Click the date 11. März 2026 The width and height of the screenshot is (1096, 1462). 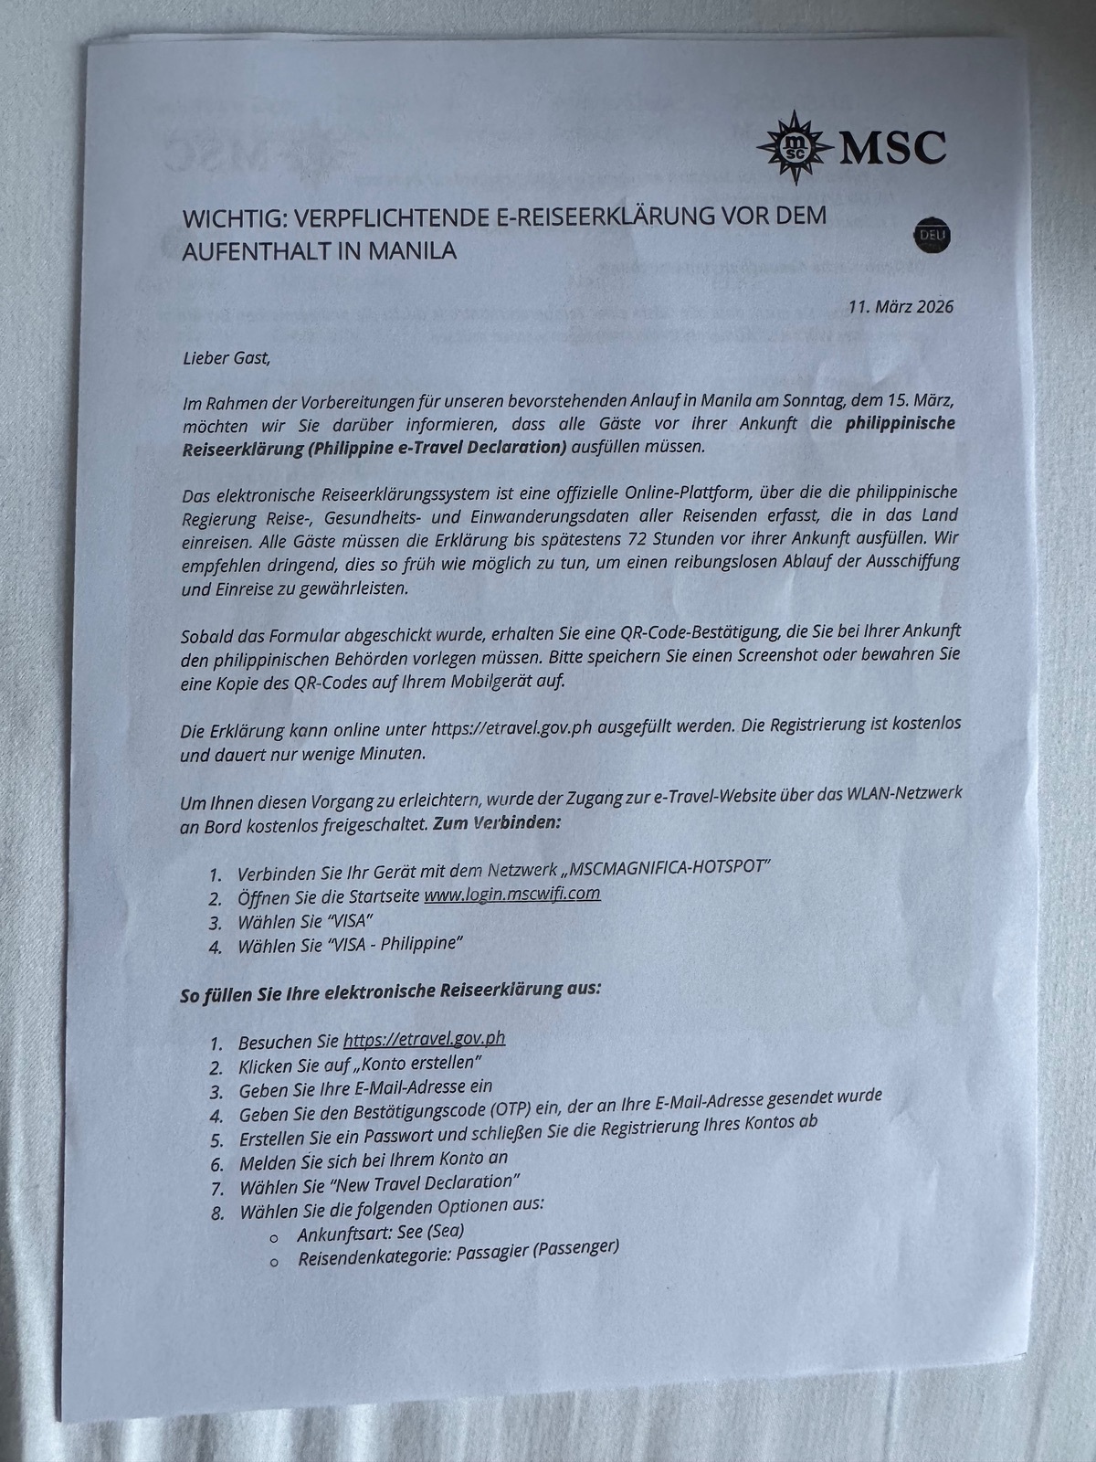point(901,306)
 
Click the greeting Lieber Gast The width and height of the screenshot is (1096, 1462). point(227,357)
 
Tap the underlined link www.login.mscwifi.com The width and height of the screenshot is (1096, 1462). point(511,893)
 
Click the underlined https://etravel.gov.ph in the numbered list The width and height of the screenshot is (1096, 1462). point(424,1039)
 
